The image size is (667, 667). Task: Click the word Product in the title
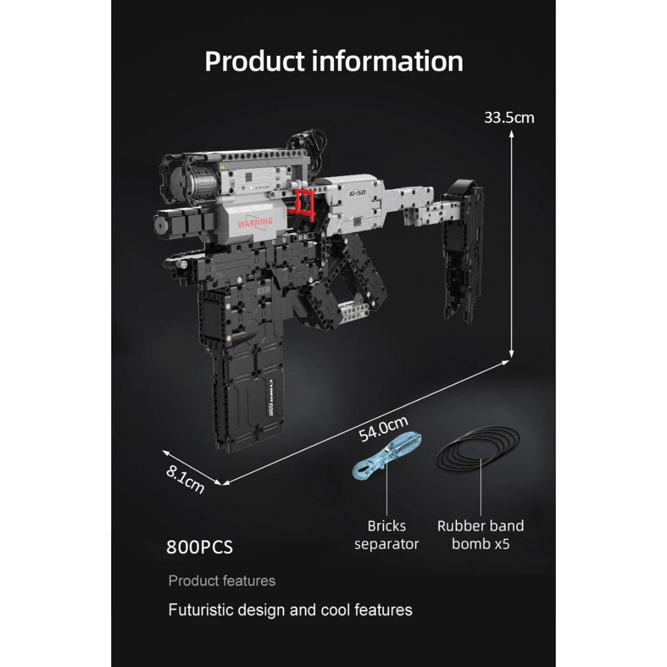(x=254, y=61)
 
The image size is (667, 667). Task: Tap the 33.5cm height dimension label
(x=509, y=117)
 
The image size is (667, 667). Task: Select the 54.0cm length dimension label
(x=384, y=429)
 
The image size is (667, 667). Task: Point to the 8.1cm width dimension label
(x=185, y=478)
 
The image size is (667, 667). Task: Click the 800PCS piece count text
(x=199, y=547)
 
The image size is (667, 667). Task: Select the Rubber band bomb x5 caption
(x=480, y=535)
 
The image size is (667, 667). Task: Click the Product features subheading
(x=222, y=581)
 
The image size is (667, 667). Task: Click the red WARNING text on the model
(x=254, y=222)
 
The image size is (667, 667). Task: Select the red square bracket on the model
(x=304, y=202)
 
